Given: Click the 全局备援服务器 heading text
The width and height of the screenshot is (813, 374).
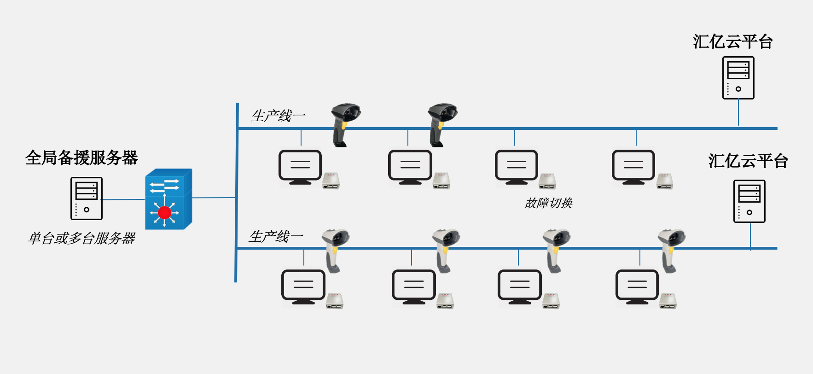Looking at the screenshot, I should [81, 158].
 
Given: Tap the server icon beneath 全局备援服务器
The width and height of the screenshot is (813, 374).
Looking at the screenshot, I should [87, 199].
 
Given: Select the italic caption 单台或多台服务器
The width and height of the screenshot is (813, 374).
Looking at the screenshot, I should [81, 238].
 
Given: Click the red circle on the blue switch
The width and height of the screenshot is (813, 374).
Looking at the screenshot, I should [164, 212].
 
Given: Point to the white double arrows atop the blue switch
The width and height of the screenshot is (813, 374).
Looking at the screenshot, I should [164, 186].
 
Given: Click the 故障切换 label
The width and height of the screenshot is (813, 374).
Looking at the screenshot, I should [548, 203].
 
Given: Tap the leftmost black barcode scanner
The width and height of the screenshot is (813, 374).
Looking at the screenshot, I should [344, 123].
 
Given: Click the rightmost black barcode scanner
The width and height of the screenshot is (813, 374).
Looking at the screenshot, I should [441, 123].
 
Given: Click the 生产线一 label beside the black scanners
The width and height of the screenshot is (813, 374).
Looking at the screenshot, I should [278, 116].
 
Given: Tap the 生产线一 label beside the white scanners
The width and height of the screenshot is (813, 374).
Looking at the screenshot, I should [275, 236].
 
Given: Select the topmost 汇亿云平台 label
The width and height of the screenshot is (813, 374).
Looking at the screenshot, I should [732, 42].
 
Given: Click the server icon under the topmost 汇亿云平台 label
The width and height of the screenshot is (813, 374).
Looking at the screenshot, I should [738, 78].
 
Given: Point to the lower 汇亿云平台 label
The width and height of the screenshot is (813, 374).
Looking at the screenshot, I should [748, 161].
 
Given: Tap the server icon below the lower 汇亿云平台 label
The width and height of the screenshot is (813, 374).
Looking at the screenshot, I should [749, 201].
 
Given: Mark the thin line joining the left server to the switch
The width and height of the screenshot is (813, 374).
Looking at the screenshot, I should [123, 199].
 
